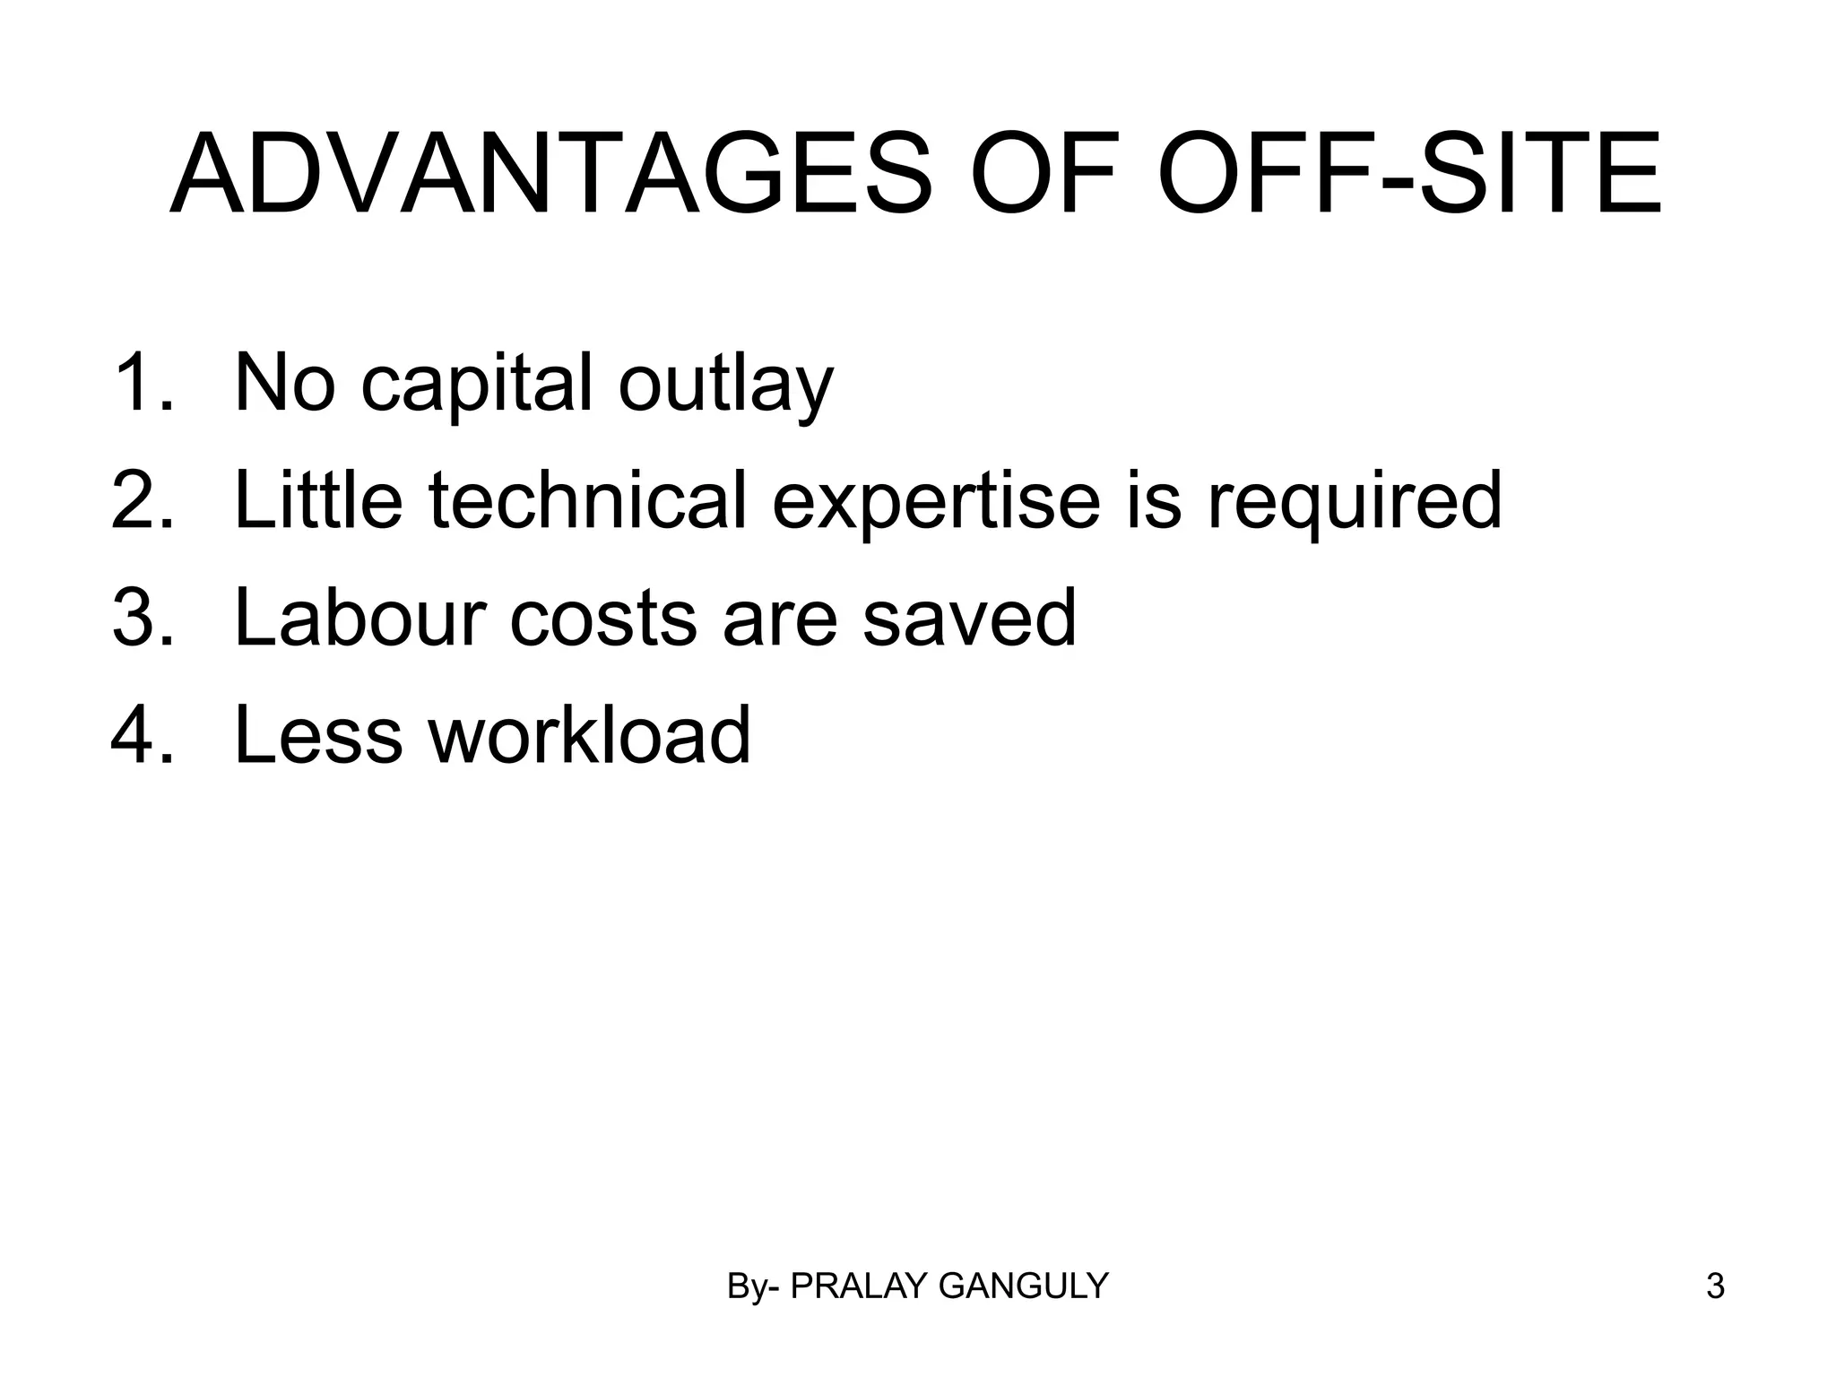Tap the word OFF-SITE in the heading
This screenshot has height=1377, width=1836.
[1409, 175]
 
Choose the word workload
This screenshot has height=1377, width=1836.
[590, 734]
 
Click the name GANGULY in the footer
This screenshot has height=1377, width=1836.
[1023, 1286]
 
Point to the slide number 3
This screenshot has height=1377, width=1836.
[1715, 1286]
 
